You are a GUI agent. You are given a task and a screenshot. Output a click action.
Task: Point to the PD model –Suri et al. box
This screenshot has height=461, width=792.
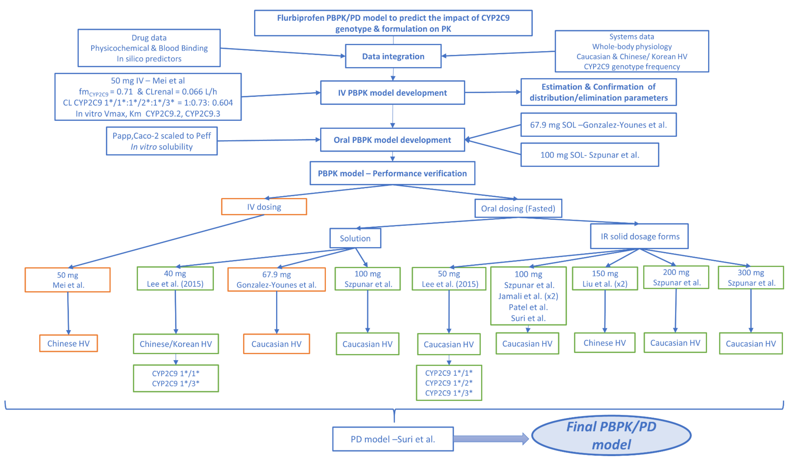pyautogui.click(x=393, y=439)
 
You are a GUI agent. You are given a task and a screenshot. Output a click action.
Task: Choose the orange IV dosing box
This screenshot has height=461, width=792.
pyautogui.click(x=264, y=207)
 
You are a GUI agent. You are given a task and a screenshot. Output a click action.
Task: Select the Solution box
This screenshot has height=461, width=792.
pyautogui.click(x=355, y=238)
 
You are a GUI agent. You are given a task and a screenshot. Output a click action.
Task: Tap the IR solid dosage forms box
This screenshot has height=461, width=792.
pyautogui.click(x=640, y=236)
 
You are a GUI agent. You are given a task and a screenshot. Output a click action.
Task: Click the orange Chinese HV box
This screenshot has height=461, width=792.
pyautogui.click(x=69, y=343)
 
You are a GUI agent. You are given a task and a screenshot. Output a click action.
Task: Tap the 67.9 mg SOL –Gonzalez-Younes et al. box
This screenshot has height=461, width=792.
pyautogui.click(x=598, y=125)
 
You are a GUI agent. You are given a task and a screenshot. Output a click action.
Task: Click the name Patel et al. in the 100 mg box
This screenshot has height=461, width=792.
pyautogui.click(x=528, y=307)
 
